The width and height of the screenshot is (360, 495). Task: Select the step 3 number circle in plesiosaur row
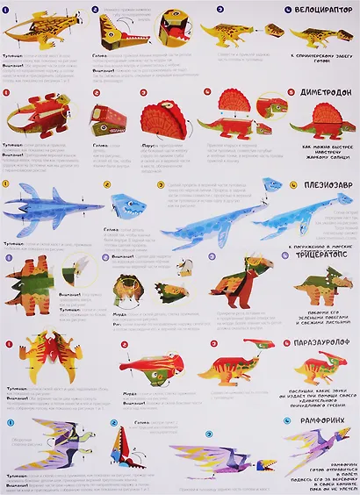(x=161, y=186)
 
